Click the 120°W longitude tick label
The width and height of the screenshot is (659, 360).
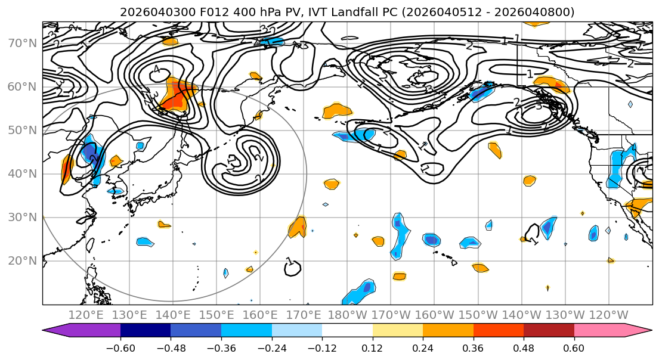pyautogui.click(x=608, y=315)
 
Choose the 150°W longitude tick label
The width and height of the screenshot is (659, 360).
pyautogui.click(x=478, y=315)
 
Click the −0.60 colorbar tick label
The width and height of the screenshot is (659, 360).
pyautogui.click(x=120, y=347)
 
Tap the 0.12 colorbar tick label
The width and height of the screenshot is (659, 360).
pyautogui.click(x=372, y=347)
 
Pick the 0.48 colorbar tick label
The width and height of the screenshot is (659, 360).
pyautogui.click(x=524, y=347)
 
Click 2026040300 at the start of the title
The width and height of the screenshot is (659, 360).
pyautogui.click(x=147, y=12)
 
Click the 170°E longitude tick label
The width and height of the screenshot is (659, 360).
pyautogui.click(x=304, y=315)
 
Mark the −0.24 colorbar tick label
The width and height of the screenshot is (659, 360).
pyautogui.click(x=271, y=347)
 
